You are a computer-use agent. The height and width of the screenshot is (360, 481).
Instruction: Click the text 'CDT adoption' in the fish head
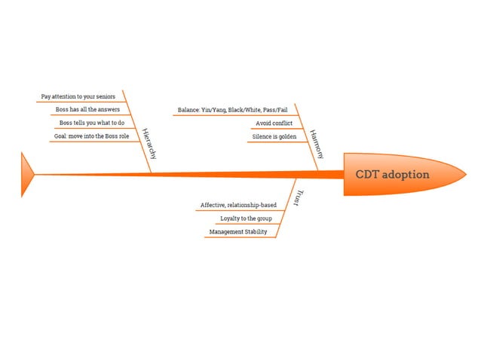click(392, 175)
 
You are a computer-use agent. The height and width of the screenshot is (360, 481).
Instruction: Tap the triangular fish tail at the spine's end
click(27, 174)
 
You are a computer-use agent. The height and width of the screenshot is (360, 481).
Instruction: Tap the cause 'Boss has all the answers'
click(87, 110)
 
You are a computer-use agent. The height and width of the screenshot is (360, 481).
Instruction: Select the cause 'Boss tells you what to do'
click(92, 123)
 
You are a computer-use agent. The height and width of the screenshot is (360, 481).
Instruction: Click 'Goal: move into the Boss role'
click(91, 136)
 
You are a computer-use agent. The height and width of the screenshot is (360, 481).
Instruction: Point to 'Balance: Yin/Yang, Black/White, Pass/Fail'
click(232, 110)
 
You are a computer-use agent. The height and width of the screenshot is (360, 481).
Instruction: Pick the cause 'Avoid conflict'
click(269, 123)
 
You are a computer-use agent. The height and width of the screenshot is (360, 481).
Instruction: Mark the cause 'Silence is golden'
click(274, 136)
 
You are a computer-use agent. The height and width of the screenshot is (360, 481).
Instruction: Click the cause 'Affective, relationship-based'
click(238, 205)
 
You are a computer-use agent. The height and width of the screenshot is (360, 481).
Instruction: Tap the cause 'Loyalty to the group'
click(247, 218)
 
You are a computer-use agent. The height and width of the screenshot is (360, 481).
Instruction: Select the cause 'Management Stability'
click(238, 232)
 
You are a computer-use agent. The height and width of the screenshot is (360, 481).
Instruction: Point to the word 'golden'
click(287, 136)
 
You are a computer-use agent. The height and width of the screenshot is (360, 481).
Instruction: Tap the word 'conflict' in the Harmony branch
click(277, 123)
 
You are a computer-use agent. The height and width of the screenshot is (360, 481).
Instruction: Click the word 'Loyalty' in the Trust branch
click(229, 218)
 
